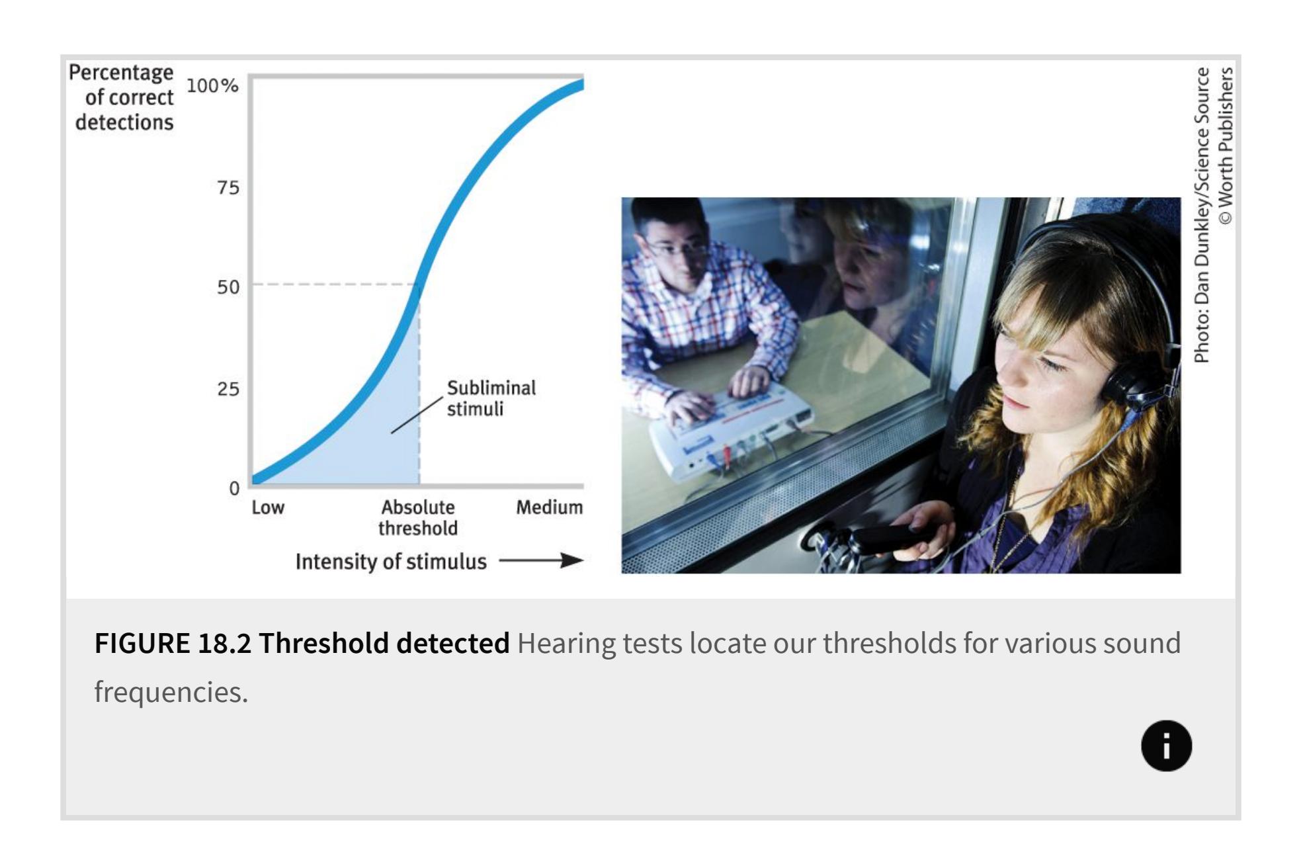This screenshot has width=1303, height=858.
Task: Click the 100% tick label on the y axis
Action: pyautogui.click(x=212, y=86)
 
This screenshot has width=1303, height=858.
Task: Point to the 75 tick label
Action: pyautogui.click(x=228, y=188)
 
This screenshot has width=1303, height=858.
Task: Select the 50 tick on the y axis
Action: pyautogui.click(x=228, y=287)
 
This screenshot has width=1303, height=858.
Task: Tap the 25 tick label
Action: pyautogui.click(x=228, y=388)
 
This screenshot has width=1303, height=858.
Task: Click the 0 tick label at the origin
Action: pyautogui.click(x=234, y=488)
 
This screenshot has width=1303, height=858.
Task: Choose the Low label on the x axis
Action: pyautogui.click(x=268, y=507)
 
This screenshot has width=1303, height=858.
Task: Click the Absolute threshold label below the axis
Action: pyautogui.click(x=418, y=517)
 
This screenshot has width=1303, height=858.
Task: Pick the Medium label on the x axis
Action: pyautogui.click(x=550, y=507)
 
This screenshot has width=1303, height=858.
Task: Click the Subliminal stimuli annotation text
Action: pyautogui.click(x=491, y=398)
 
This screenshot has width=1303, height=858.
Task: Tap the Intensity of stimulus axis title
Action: pyautogui.click(x=391, y=562)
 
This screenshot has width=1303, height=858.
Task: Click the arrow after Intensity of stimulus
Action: pyautogui.click(x=541, y=561)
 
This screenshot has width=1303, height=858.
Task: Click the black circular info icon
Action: pyautogui.click(x=1166, y=746)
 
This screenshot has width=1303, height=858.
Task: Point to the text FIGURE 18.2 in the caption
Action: pyautogui.click(x=173, y=643)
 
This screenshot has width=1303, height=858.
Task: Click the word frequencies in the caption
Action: pyautogui.click(x=171, y=692)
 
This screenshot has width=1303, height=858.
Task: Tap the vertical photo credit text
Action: pyautogui.click(x=1214, y=215)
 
